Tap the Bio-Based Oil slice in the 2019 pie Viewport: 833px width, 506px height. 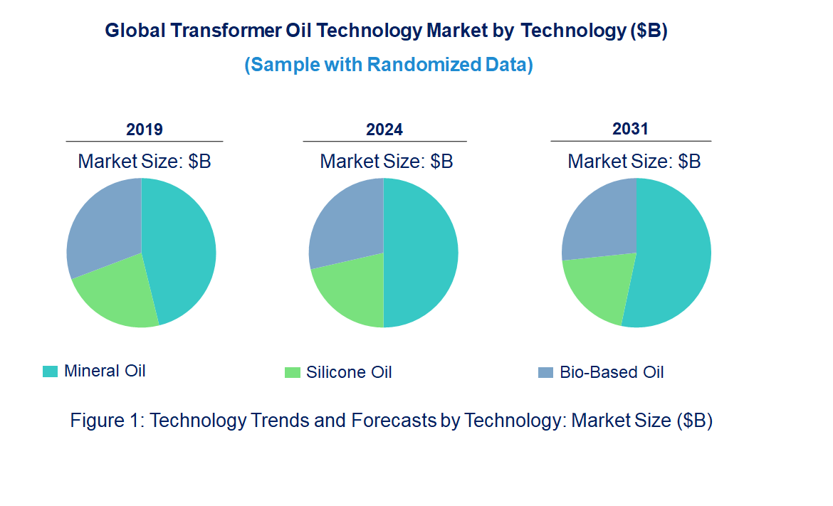pos(103,224)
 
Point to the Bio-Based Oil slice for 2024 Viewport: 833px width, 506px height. pos(345,224)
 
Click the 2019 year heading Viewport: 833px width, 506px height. pos(145,130)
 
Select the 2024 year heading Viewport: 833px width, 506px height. pos(384,130)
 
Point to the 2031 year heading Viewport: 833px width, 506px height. pos(631,129)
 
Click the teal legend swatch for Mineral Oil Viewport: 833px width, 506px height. pos(50,371)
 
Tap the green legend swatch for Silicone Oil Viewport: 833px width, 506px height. pos(292,372)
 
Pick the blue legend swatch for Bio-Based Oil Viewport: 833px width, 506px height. pos(545,372)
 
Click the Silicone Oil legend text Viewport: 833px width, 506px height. pos(349,372)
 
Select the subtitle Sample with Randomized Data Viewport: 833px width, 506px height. pos(389,65)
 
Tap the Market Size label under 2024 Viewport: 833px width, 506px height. pos(386,161)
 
